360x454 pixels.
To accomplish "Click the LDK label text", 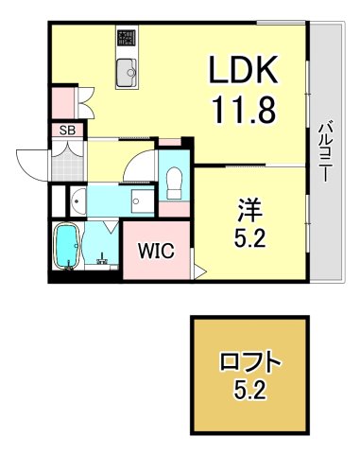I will [242, 70].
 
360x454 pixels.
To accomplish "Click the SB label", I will [67, 130].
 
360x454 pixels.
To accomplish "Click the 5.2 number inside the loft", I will [251, 391].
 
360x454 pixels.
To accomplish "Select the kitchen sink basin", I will [127, 70].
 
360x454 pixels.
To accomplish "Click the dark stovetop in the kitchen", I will [127, 39].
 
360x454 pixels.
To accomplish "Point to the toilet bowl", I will [174, 182].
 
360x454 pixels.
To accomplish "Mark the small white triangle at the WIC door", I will [198, 272].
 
